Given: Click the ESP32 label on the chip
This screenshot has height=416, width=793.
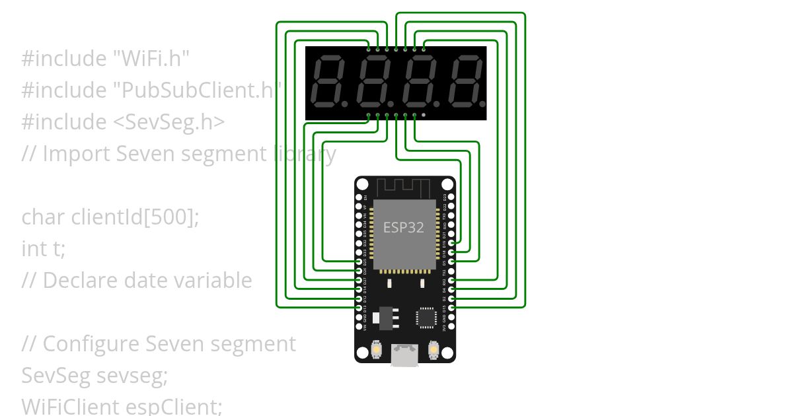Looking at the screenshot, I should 404,227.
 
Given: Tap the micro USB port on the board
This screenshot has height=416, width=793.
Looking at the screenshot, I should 404,355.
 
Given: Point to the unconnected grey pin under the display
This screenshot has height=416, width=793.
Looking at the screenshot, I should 424,115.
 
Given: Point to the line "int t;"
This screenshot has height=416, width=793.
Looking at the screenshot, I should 44,249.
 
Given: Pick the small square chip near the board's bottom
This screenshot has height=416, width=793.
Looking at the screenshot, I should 426,318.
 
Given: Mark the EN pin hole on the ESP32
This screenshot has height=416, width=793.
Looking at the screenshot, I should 359,197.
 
